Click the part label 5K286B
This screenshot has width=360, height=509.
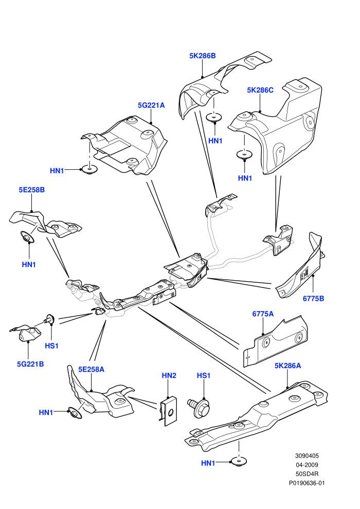coord(202,56)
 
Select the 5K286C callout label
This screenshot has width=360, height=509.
coord(260,90)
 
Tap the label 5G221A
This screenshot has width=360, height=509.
coord(151,105)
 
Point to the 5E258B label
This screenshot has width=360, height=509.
coord(31,190)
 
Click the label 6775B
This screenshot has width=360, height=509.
coord(313,298)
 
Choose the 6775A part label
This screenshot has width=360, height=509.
coord(263,314)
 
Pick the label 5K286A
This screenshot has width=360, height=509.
coord(287,366)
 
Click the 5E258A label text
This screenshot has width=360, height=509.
coord(91,370)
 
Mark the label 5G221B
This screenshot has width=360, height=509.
coord(30,364)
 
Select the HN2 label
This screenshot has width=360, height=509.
coord(169,376)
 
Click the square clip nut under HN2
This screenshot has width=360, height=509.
coord(168,411)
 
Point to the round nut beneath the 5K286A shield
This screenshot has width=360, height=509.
coord(239,462)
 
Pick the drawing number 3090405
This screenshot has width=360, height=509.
coord(307,456)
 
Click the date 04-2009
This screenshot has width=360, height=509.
coord(307,465)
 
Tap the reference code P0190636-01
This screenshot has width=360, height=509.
coord(307,483)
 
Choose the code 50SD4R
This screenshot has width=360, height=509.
coord(307,474)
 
